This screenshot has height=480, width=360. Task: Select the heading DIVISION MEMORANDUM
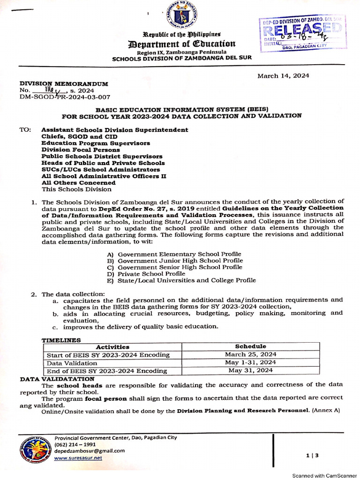pos(63,84)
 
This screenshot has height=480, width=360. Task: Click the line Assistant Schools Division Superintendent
pos(115,130)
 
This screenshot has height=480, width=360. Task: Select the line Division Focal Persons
pos(81,150)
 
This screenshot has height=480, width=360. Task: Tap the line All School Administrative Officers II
pos(104,176)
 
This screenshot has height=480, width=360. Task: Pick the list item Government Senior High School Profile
pos(180,267)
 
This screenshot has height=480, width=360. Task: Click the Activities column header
pos(112,347)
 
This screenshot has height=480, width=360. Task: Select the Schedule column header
pos(250,346)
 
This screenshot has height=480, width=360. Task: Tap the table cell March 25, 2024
pos(250,354)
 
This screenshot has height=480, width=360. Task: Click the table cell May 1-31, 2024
pos(250,362)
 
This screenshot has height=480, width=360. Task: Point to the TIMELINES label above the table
pos(61,340)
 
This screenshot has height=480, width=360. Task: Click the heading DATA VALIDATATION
pos(57,378)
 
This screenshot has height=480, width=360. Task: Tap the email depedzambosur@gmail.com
pos(90,451)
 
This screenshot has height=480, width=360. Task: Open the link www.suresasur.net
pos(78,458)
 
